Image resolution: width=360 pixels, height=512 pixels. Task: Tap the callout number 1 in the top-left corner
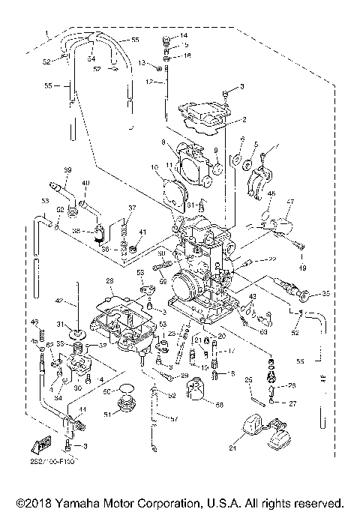(x=47, y=33)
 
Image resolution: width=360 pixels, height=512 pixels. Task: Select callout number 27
(x=292, y=403)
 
